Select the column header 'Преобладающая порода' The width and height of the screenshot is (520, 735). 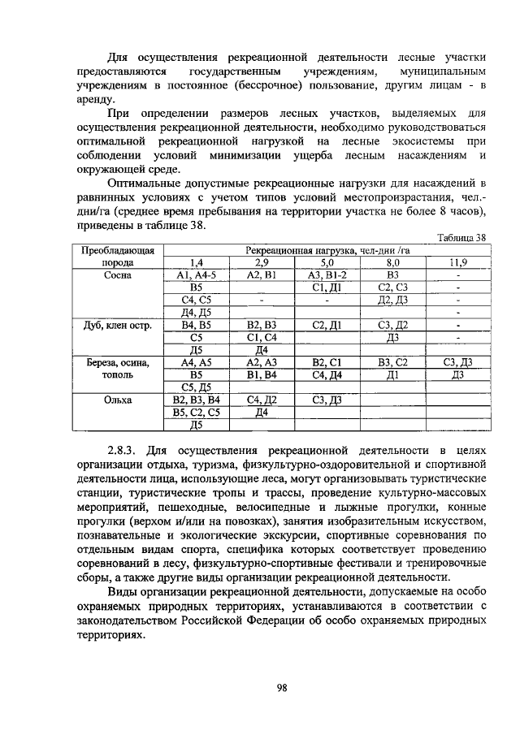pos(117,256)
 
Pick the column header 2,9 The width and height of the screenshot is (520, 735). pos(262,262)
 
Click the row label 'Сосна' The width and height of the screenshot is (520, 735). pos(117,275)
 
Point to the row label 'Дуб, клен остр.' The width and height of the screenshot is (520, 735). pos(117,325)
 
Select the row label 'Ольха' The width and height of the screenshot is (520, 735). pos(117,400)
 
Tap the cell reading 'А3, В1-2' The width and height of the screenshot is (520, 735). pos(327,275)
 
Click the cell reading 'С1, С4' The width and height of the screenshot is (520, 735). pos(262,337)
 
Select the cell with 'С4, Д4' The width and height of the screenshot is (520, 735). pos(327,374)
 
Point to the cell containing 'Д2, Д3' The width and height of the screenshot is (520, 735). pos(392,300)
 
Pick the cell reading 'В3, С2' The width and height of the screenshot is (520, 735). pos(392,362)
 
